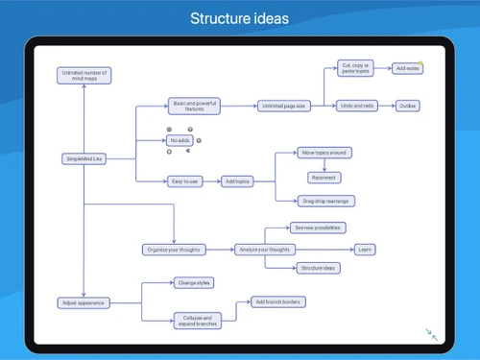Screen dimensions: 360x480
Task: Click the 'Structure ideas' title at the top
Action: (239, 18)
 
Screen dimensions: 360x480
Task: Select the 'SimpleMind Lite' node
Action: (84, 156)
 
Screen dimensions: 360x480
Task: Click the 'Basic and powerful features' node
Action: (194, 106)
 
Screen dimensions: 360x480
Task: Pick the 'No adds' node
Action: (180, 140)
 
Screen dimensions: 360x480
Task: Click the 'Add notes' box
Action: (408, 69)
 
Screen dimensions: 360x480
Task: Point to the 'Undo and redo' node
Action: (355, 106)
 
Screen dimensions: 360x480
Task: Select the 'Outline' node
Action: (407, 106)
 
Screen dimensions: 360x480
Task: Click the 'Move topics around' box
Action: (324, 152)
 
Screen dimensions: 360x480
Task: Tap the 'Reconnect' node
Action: (324, 178)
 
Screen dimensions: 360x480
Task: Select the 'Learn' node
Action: (365, 250)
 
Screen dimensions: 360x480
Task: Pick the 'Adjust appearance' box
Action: (84, 302)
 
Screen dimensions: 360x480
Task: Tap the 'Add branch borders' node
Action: (277, 302)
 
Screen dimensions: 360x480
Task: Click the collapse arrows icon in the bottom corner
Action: (432, 334)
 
